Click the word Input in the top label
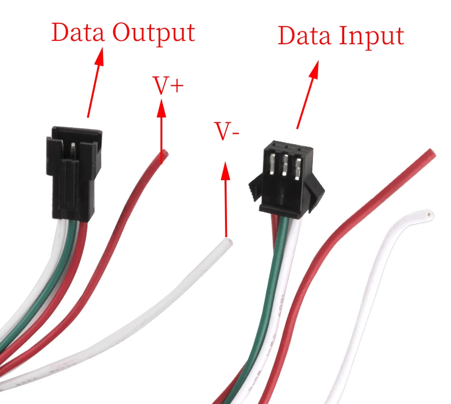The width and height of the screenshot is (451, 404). click(372, 37)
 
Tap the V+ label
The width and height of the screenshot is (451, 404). click(168, 85)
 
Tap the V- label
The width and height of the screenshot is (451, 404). click(226, 131)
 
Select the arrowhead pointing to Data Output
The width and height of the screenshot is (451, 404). click(98, 57)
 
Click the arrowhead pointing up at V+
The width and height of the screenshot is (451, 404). click(161, 108)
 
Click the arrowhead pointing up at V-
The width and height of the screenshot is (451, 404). click(226, 171)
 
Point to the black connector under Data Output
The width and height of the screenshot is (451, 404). click(74, 173)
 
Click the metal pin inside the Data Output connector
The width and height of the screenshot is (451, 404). click(73, 151)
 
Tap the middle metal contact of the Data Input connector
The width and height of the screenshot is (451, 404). click(285, 165)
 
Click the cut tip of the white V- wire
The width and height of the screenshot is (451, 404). click(229, 241)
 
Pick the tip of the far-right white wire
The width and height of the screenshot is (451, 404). click(429, 214)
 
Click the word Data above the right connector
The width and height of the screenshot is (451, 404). click(304, 36)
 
